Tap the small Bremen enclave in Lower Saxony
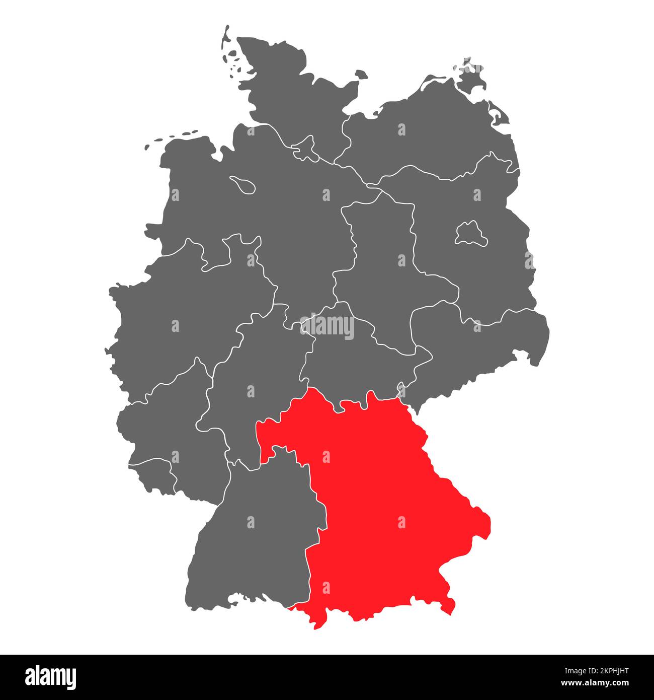coord(243,184)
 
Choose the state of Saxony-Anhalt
coord(382,262)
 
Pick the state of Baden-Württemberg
coord(252,544)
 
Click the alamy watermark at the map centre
coord(327,326)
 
